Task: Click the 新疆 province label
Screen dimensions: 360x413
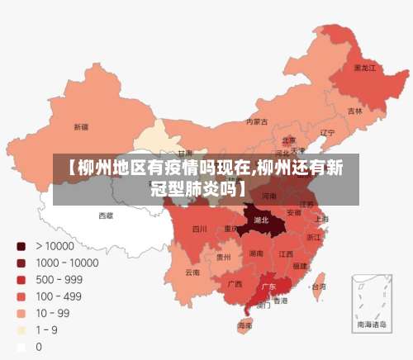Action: [x=81, y=127]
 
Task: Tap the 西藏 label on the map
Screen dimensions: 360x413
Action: [x=107, y=215]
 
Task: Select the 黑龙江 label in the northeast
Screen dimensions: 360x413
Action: [x=364, y=68]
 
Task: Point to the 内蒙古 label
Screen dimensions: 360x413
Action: [x=257, y=121]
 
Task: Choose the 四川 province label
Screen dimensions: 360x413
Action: [x=199, y=229]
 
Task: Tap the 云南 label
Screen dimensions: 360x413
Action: [x=192, y=272]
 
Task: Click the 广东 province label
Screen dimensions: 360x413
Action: [x=268, y=287]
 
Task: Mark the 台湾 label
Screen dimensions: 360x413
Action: [x=317, y=287]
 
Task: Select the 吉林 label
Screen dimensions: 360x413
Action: [x=354, y=111]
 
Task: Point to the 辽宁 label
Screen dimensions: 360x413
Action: [x=327, y=132]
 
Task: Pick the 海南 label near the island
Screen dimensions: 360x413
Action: [x=244, y=326]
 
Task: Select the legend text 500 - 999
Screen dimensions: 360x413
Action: [x=60, y=279]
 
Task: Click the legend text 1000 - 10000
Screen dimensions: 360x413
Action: [x=66, y=263]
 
